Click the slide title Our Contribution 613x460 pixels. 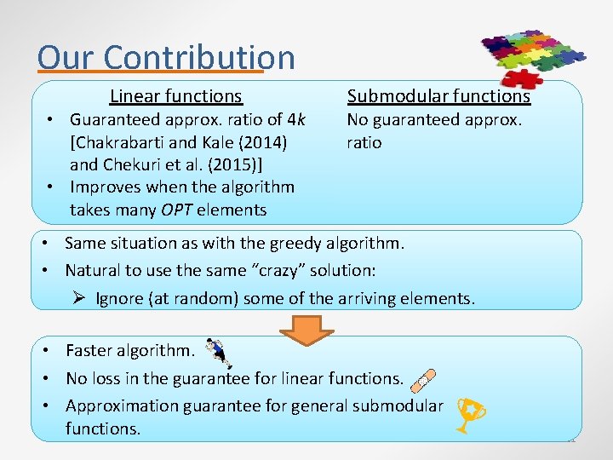[x=166, y=57]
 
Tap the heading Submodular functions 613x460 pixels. [x=438, y=96]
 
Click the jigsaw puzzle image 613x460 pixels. [x=532, y=58]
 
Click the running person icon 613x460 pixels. [x=218, y=350]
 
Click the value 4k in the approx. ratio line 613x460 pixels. [x=296, y=120]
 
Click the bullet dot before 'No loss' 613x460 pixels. [x=51, y=378]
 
